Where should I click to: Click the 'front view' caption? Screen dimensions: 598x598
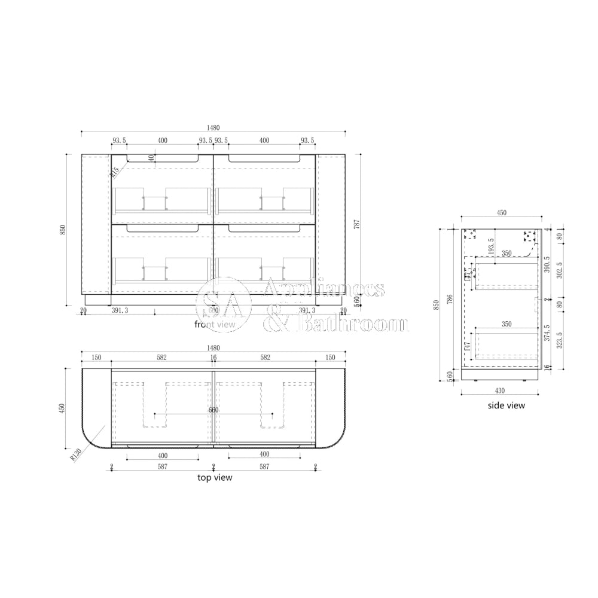tap(215, 324)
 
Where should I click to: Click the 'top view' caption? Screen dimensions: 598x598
tap(215, 477)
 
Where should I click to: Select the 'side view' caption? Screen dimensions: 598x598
tap(506, 405)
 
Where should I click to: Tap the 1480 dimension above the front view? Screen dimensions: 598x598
tap(213, 128)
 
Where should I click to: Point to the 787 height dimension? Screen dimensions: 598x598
tap(357, 224)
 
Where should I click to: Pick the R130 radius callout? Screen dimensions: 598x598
tap(75, 455)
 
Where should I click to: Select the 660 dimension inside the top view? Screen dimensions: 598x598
tap(213, 410)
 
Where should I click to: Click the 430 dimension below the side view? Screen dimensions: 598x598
tap(500, 390)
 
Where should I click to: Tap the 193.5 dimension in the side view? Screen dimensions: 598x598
tap(490, 246)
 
